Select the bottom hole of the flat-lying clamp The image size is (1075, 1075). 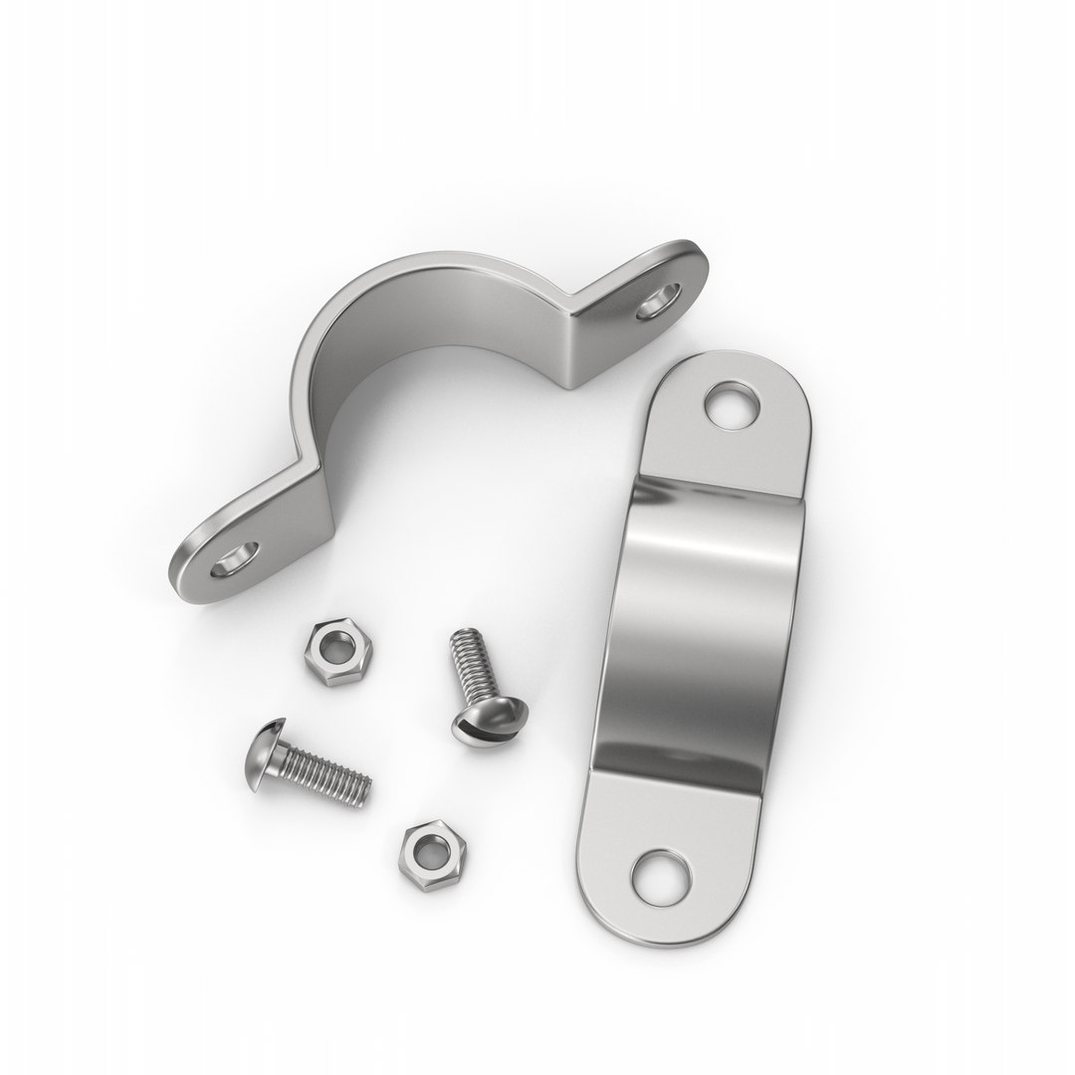pyautogui.click(x=662, y=875)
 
